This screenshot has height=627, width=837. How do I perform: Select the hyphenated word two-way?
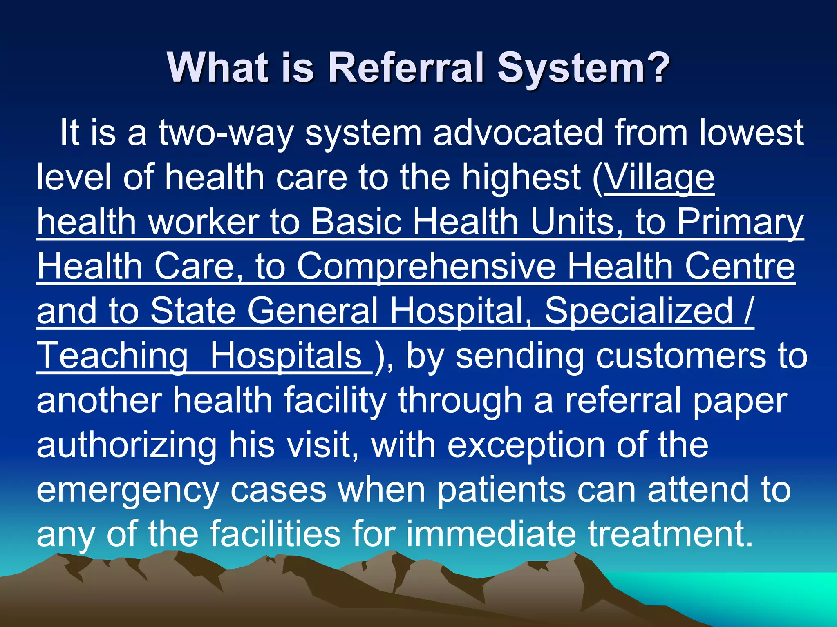coord(226,133)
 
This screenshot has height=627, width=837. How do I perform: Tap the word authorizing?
coord(127,446)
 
